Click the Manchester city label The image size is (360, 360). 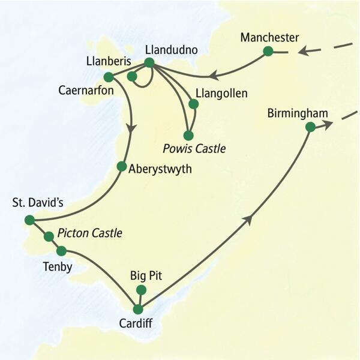[x=269, y=38]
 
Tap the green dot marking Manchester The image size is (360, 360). [x=268, y=52]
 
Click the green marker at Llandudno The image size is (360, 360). [x=149, y=62]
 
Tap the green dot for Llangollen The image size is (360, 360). [x=193, y=104]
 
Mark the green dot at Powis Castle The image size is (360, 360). [x=188, y=135]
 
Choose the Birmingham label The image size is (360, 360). [x=299, y=113]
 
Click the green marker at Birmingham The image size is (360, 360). [x=310, y=127]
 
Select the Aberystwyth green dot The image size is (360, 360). [x=122, y=166]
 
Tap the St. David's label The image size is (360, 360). [x=38, y=203]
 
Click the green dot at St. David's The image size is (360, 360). [x=29, y=220]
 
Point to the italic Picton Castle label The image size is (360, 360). [x=90, y=232]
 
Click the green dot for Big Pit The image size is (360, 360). [x=141, y=290]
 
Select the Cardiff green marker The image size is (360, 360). [x=138, y=310]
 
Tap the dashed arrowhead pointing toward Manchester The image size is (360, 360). [x=305, y=52]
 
